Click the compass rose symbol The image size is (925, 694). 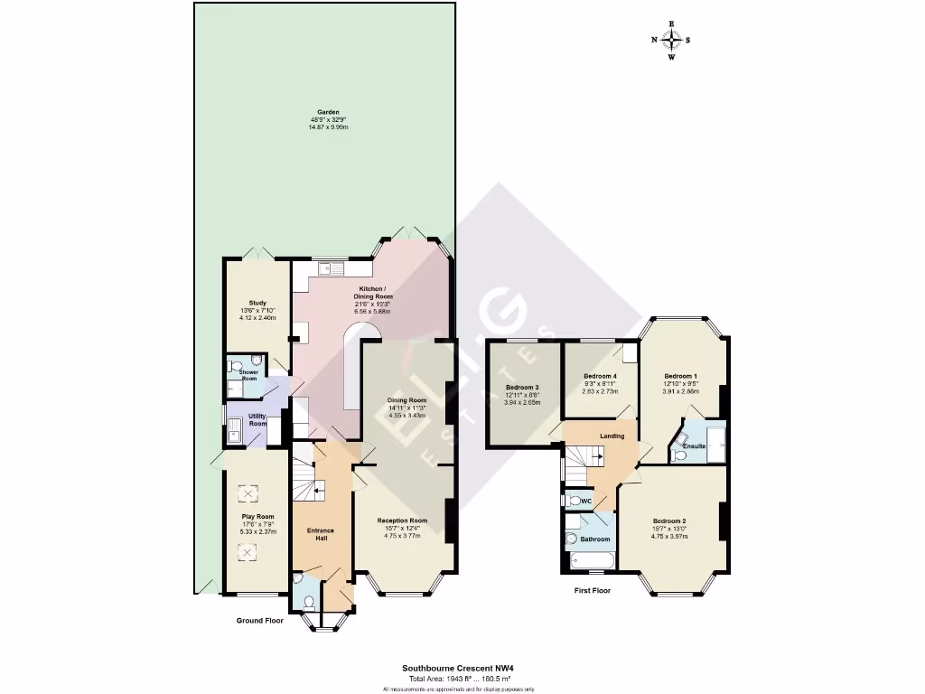pyautogui.click(x=672, y=39)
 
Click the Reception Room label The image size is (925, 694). pyautogui.click(x=402, y=520)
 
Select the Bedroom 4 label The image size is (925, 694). pyautogui.click(x=600, y=376)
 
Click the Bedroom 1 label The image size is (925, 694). pyautogui.click(x=681, y=376)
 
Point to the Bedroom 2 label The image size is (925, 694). pyautogui.click(x=669, y=521)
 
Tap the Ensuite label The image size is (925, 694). pyautogui.click(x=694, y=446)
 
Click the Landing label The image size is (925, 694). pyautogui.click(x=612, y=436)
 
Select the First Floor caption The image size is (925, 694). pyautogui.click(x=593, y=590)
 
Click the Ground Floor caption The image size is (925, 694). pyautogui.click(x=261, y=621)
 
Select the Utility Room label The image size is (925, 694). pyautogui.click(x=257, y=419)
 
